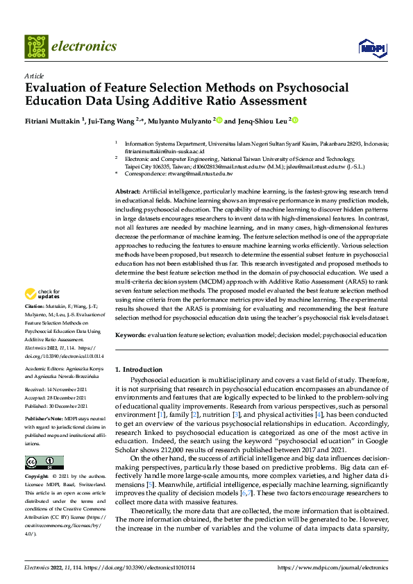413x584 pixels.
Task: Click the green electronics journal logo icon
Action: click(x=36, y=46)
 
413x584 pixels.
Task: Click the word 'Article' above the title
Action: click(x=34, y=76)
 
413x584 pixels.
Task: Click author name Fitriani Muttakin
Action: click(x=53, y=120)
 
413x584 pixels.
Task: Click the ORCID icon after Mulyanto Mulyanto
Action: click(x=219, y=120)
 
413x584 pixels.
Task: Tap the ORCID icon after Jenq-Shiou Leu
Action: click(x=295, y=120)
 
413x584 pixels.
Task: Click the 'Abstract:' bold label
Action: click(x=128, y=190)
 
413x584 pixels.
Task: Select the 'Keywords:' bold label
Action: click(x=130, y=335)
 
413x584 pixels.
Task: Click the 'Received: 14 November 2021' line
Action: click(x=56, y=391)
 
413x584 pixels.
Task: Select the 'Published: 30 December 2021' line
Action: click(x=56, y=406)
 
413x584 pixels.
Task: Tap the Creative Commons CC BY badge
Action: click(x=44, y=463)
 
